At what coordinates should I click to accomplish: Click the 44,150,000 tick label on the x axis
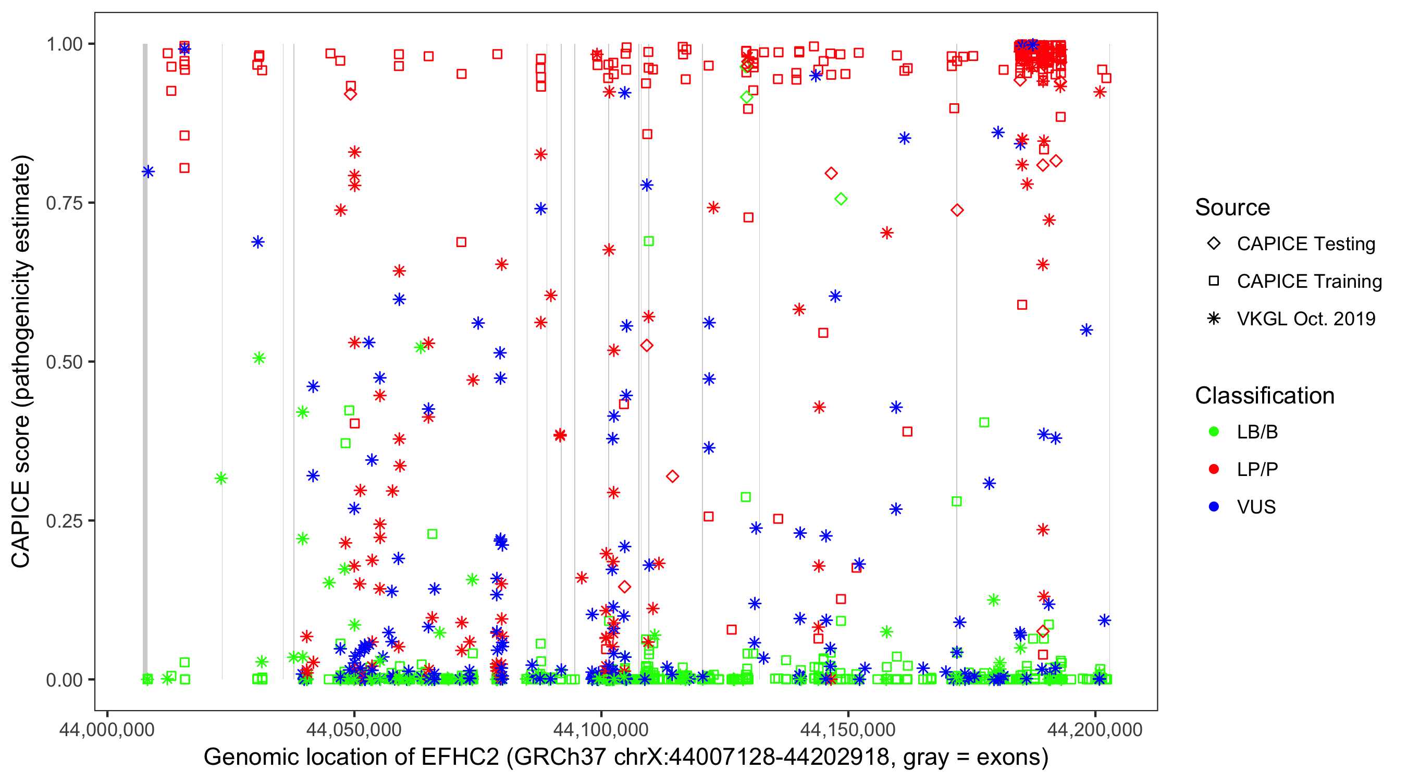coord(848,730)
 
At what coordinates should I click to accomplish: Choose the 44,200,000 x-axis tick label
coord(1094,730)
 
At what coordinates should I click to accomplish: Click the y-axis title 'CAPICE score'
coord(22,361)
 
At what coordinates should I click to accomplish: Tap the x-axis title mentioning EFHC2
coord(625,757)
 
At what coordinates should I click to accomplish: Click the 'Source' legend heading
coord(1232,207)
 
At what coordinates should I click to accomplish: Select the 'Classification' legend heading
coord(1264,396)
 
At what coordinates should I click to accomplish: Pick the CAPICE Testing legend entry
coord(1305,244)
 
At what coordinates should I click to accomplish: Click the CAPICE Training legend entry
coord(1309,282)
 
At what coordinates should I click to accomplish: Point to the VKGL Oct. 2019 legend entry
coord(1305,319)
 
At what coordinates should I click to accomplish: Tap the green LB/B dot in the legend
coord(1214,432)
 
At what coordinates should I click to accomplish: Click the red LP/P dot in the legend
coord(1214,469)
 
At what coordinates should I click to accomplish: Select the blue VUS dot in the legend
coord(1214,507)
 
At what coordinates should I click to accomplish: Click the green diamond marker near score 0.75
coord(841,199)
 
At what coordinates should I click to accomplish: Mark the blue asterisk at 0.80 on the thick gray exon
coord(148,172)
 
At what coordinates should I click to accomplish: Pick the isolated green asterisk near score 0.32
coord(220,479)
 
